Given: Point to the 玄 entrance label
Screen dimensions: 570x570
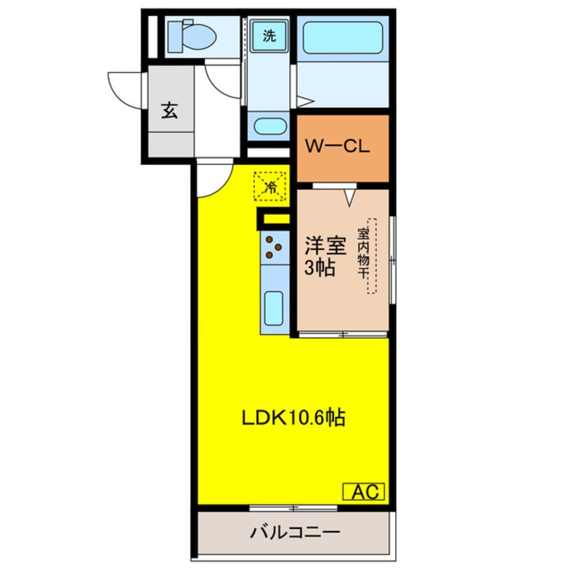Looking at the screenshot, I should click(169, 110).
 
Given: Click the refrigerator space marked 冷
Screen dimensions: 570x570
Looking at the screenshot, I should click(270, 186).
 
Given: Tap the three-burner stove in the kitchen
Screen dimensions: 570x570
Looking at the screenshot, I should click(274, 247).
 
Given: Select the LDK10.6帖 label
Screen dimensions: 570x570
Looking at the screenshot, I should click(293, 418).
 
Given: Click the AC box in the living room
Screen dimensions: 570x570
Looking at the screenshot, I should click(365, 492).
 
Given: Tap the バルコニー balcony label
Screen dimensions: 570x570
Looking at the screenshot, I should click(295, 533).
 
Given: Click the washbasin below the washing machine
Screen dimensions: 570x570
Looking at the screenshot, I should click(268, 127).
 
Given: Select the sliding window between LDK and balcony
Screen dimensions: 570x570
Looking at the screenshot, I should click(293, 507).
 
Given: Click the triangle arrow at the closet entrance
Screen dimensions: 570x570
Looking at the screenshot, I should click(350, 196).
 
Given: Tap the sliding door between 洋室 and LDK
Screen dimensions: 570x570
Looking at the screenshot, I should click(342, 334).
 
